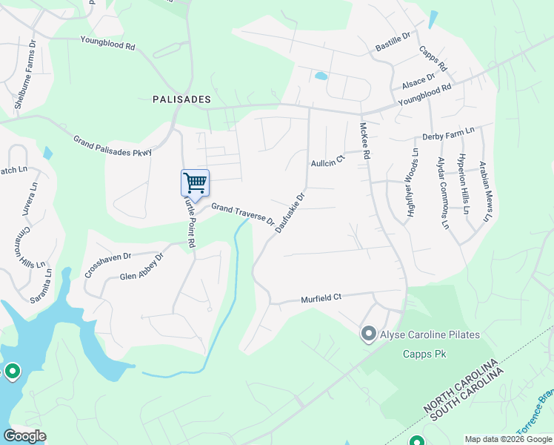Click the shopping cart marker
click(195, 182)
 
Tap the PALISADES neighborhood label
click(181, 99)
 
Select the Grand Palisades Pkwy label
click(112, 145)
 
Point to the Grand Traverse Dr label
click(243, 215)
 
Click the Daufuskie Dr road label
click(290, 213)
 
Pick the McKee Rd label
click(364, 142)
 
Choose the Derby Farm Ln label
click(447, 133)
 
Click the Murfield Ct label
click(321, 298)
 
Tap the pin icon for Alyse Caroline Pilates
click(368, 334)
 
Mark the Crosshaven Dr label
click(107, 264)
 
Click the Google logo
click(24, 436)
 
